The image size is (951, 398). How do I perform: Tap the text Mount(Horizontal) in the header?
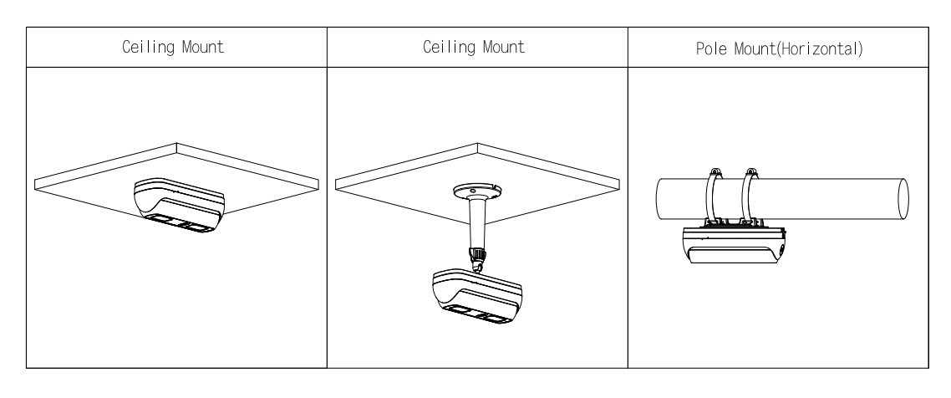(x=799, y=49)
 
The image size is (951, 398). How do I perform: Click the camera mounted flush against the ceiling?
(x=179, y=205)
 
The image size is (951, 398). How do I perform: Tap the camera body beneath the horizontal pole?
(x=734, y=246)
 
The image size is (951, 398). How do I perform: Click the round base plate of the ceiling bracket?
(x=478, y=192)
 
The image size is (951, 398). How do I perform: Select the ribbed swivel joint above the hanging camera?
(x=478, y=258)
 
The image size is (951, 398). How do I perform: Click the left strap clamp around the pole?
(x=713, y=199)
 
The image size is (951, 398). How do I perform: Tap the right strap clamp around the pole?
(x=750, y=199)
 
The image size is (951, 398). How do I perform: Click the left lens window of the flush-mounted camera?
(x=164, y=218)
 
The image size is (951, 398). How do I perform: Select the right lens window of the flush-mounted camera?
(x=198, y=227)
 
